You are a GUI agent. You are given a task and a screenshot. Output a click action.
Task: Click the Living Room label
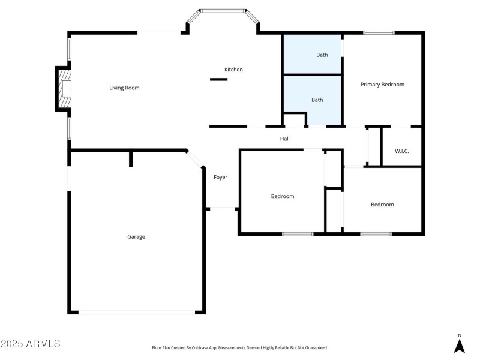click(x=124, y=88)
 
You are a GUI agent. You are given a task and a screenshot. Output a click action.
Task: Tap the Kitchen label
click(x=233, y=70)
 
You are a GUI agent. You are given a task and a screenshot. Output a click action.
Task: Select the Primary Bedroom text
click(x=382, y=85)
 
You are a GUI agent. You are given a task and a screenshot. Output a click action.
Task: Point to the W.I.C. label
click(x=401, y=151)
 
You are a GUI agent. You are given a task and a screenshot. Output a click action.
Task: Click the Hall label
click(x=285, y=139)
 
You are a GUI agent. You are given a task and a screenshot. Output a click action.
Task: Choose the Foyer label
click(x=220, y=177)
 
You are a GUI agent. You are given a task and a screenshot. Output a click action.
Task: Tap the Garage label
click(x=136, y=236)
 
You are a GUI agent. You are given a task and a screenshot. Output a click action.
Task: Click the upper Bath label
click(x=322, y=55)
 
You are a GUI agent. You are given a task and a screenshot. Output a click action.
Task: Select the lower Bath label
click(x=317, y=100)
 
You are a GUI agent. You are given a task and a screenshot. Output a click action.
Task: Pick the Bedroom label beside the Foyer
click(x=282, y=196)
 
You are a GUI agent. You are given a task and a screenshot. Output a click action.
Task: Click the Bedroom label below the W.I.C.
click(x=382, y=205)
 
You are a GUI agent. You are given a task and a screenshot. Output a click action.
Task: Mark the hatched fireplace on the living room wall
click(x=62, y=89)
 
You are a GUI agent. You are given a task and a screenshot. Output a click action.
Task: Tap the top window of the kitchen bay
click(x=223, y=11)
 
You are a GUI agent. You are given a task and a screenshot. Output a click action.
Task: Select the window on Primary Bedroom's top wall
click(x=379, y=32)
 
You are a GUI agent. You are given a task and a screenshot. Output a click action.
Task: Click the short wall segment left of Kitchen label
click(x=215, y=79)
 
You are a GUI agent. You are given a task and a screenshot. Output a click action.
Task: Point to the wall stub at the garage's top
click(x=131, y=158)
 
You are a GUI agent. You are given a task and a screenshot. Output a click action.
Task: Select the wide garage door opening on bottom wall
click(x=137, y=312)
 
